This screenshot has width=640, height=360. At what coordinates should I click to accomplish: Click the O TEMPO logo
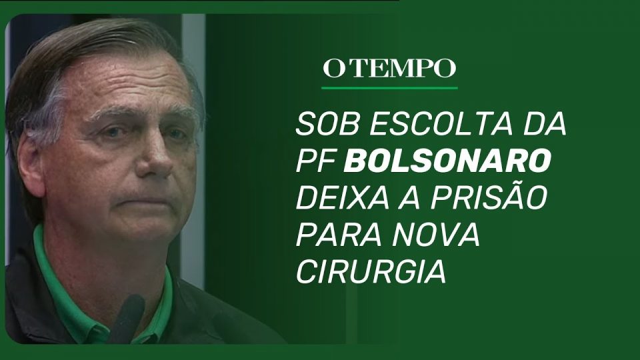pyautogui.click(x=389, y=68)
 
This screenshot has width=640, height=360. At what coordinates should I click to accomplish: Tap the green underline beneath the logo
pyautogui.click(x=389, y=88)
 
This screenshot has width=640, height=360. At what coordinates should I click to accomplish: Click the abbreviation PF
pyautogui.click(x=315, y=161)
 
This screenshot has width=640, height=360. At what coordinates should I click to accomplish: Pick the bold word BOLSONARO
pyautogui.click(x=447, y=161)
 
